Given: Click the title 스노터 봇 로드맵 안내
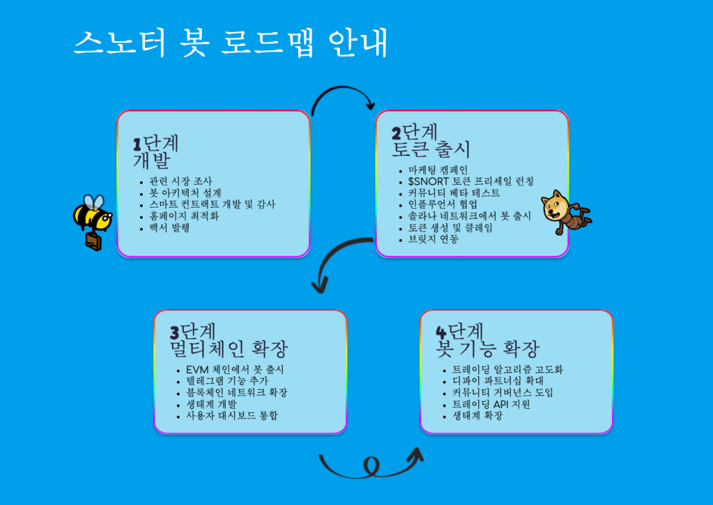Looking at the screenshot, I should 230,43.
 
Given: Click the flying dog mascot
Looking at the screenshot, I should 566,211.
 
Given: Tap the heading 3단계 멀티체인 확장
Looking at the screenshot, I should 228,339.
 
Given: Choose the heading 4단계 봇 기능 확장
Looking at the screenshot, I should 487,339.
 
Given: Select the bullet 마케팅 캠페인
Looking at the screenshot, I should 438,169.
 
